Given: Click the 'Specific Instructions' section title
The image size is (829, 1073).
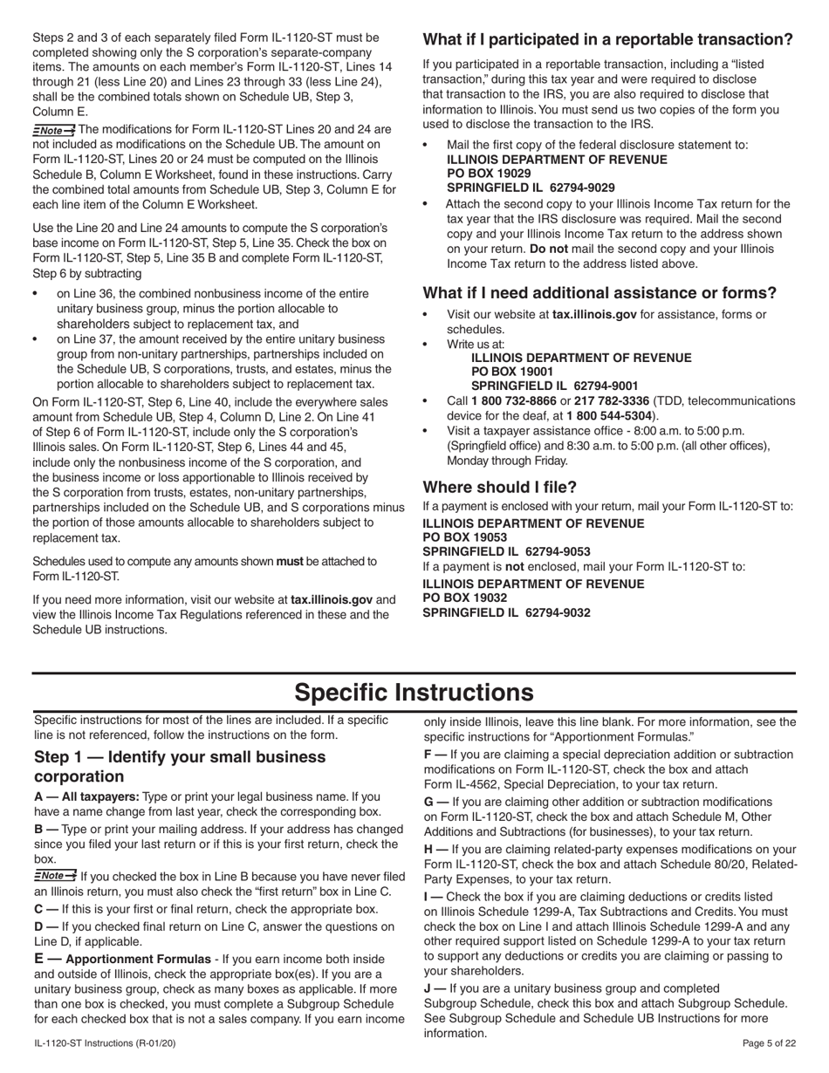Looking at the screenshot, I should [414, 693].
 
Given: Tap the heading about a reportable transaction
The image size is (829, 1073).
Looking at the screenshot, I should [607, 39].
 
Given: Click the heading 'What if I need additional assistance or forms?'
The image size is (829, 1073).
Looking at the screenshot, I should [599, 293].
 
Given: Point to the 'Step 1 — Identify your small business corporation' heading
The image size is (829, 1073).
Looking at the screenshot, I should [180, 766].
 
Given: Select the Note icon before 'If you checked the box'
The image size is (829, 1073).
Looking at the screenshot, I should [54, 876].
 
